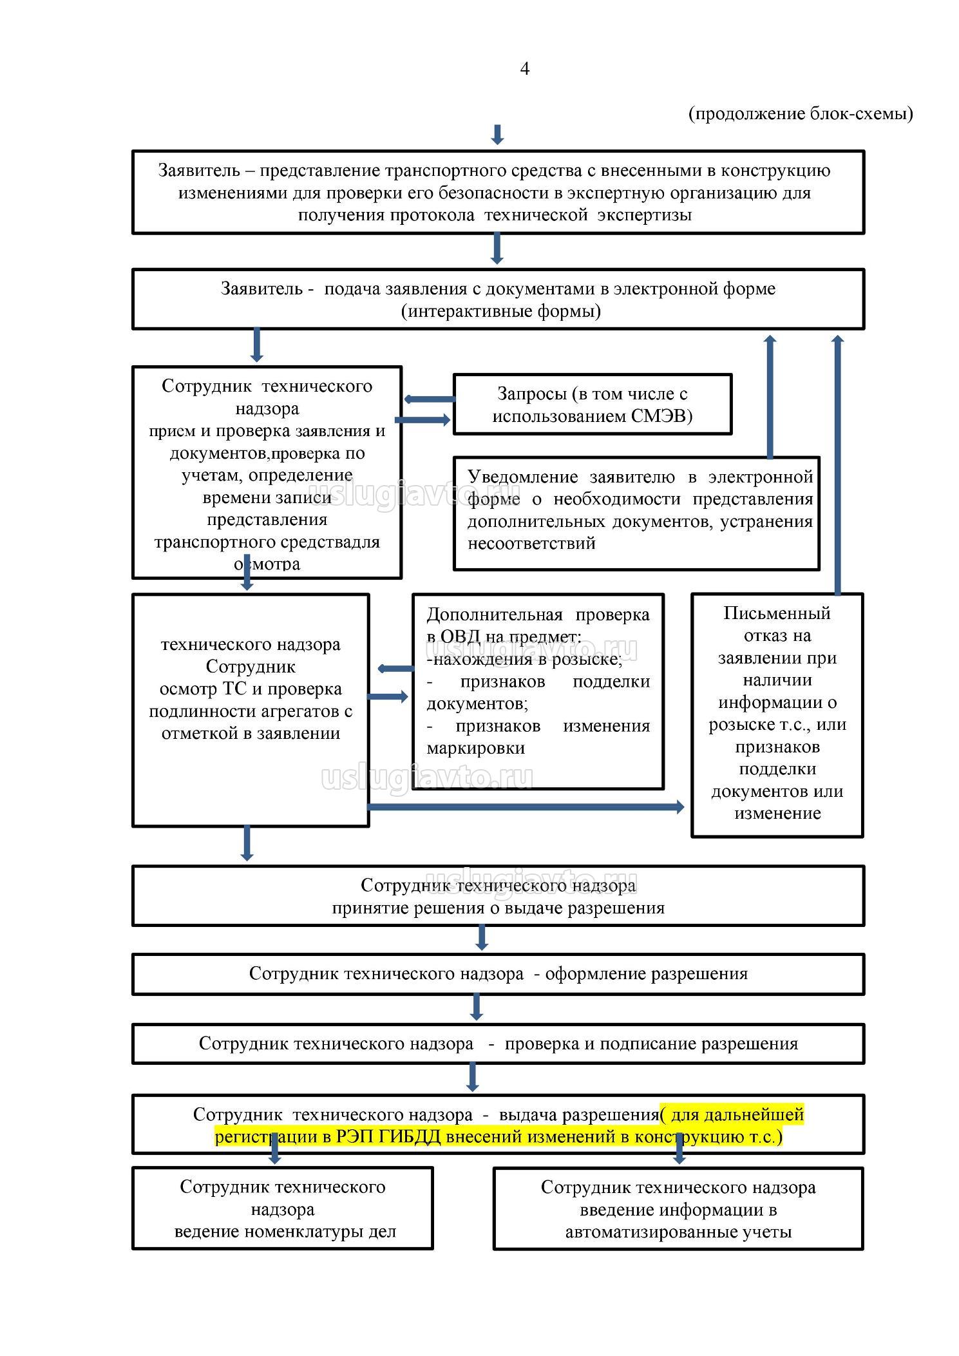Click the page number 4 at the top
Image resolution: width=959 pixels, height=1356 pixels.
click(524, 69)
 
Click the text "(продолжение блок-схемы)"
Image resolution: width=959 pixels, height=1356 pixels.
click(801, 114)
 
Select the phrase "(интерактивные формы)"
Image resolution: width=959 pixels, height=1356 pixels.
click(500, 312)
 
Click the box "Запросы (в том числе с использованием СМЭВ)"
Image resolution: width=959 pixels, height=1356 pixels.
click(593, 405)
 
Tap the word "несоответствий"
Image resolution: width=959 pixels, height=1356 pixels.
click(531, 544)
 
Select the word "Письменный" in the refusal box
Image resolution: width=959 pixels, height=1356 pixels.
click(777, 613)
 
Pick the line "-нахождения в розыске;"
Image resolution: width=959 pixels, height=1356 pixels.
click(524, 660)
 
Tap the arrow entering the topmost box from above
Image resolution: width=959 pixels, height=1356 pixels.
click(497, 135)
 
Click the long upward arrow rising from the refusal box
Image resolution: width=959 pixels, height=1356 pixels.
click(837, 464)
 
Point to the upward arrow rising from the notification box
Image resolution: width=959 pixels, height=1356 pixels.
click(770, 396)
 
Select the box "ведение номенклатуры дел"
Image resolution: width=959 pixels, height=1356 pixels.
click(282, 1208)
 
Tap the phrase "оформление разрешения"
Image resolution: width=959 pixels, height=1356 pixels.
click(646, 973)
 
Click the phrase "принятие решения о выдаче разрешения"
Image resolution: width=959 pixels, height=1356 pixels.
click(498, 908)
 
